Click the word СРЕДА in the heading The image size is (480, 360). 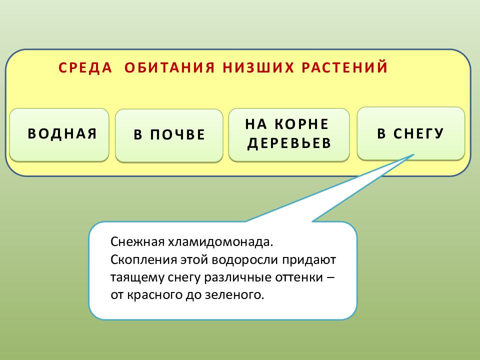point(85,68)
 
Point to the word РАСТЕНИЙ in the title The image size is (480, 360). point(344,68)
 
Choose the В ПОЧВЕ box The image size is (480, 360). point(169,135)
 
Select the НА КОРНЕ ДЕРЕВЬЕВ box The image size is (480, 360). point(289,134)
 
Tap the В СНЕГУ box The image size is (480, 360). point(410,133)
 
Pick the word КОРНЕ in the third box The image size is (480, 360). point(305,124)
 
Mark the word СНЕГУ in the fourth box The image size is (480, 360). point(418,133)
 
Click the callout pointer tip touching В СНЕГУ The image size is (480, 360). point(413,155)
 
